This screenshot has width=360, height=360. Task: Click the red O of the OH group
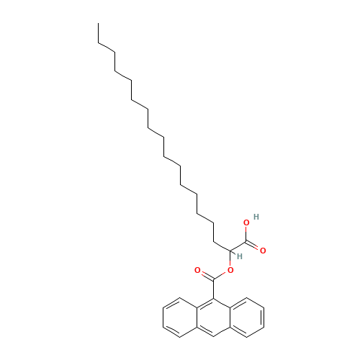247,223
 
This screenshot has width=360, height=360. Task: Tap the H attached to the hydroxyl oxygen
256,216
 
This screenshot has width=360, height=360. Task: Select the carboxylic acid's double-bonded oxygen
263,251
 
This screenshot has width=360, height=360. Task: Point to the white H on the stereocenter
239,256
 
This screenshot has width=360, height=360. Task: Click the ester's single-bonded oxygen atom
230,270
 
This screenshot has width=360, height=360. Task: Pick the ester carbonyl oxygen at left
197,270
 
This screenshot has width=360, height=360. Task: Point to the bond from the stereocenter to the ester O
232,261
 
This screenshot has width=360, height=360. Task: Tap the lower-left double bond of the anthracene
172,331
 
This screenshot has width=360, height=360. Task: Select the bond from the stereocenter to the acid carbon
240,246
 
